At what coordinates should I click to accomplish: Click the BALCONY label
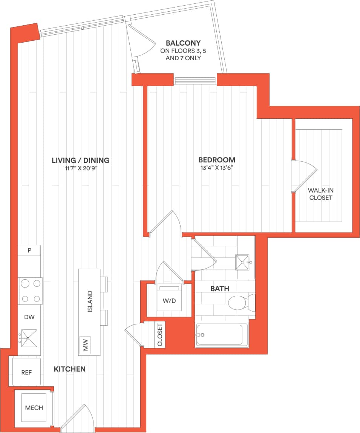183,43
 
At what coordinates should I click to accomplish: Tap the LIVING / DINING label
81,160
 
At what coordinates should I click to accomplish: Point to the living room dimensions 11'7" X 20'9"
81,168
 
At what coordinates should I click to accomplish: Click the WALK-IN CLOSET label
320,194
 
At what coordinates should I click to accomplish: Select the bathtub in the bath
222,334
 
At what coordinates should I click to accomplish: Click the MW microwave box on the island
85,344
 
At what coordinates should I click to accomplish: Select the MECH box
34,408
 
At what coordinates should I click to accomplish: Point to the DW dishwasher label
29,317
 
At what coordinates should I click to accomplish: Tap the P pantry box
29,251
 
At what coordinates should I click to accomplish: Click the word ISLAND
90,301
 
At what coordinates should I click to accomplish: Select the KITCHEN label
70,369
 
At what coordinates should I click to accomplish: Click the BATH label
220,289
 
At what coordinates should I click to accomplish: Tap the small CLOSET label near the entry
159,335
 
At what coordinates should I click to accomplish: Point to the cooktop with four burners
31,291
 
